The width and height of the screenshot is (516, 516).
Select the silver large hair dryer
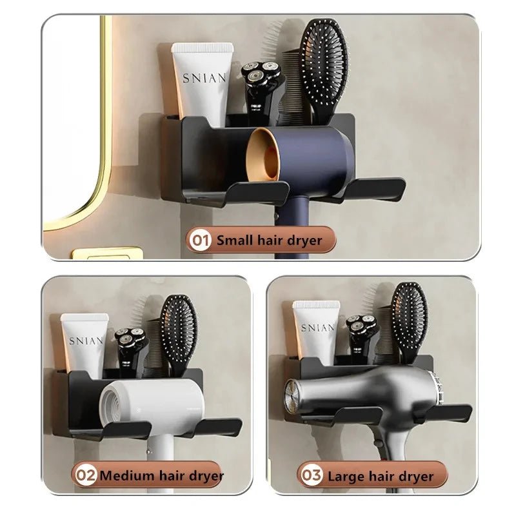click(x=361, y=393)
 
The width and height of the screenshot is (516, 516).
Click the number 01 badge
click(x=200, y=240)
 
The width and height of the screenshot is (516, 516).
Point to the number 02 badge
click(x=85, y=477)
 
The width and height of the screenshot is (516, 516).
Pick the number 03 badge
click(x=311, y=477)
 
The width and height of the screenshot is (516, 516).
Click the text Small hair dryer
click(x=268, y=240)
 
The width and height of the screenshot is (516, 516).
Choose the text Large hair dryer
click(x=381, y=477)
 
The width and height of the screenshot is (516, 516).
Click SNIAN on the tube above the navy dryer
click(x=204, y=78)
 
